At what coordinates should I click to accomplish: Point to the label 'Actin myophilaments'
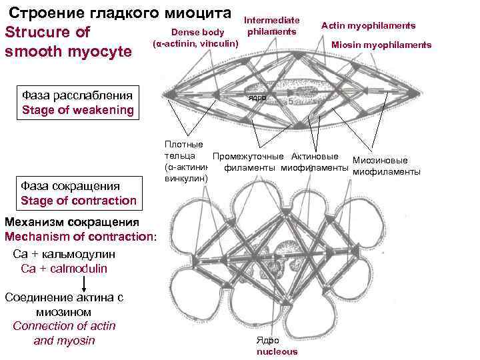[368, 25]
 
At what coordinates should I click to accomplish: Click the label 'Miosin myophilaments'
[381, 45]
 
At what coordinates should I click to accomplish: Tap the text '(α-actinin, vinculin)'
[195, 43]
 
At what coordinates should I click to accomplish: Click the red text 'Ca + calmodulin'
[64, 269]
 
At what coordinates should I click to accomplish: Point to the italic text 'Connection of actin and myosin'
[64, 333]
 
